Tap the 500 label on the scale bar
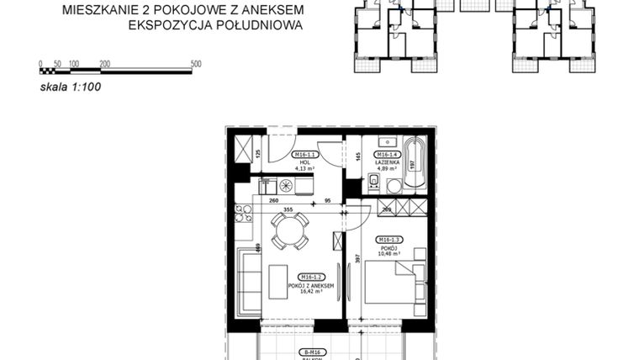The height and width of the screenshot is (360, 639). tap(195, 64)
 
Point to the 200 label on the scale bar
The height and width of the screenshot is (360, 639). tap(104, 64)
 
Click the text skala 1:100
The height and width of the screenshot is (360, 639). tap(71, 85)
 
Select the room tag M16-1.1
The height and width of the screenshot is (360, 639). tap(303, 155)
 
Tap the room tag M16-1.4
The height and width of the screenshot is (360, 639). tap(387, 155)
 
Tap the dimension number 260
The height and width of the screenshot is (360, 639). tap(273, 201)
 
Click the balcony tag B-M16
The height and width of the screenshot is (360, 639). tap(314, 352)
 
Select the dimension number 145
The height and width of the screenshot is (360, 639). tap(357, 156)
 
